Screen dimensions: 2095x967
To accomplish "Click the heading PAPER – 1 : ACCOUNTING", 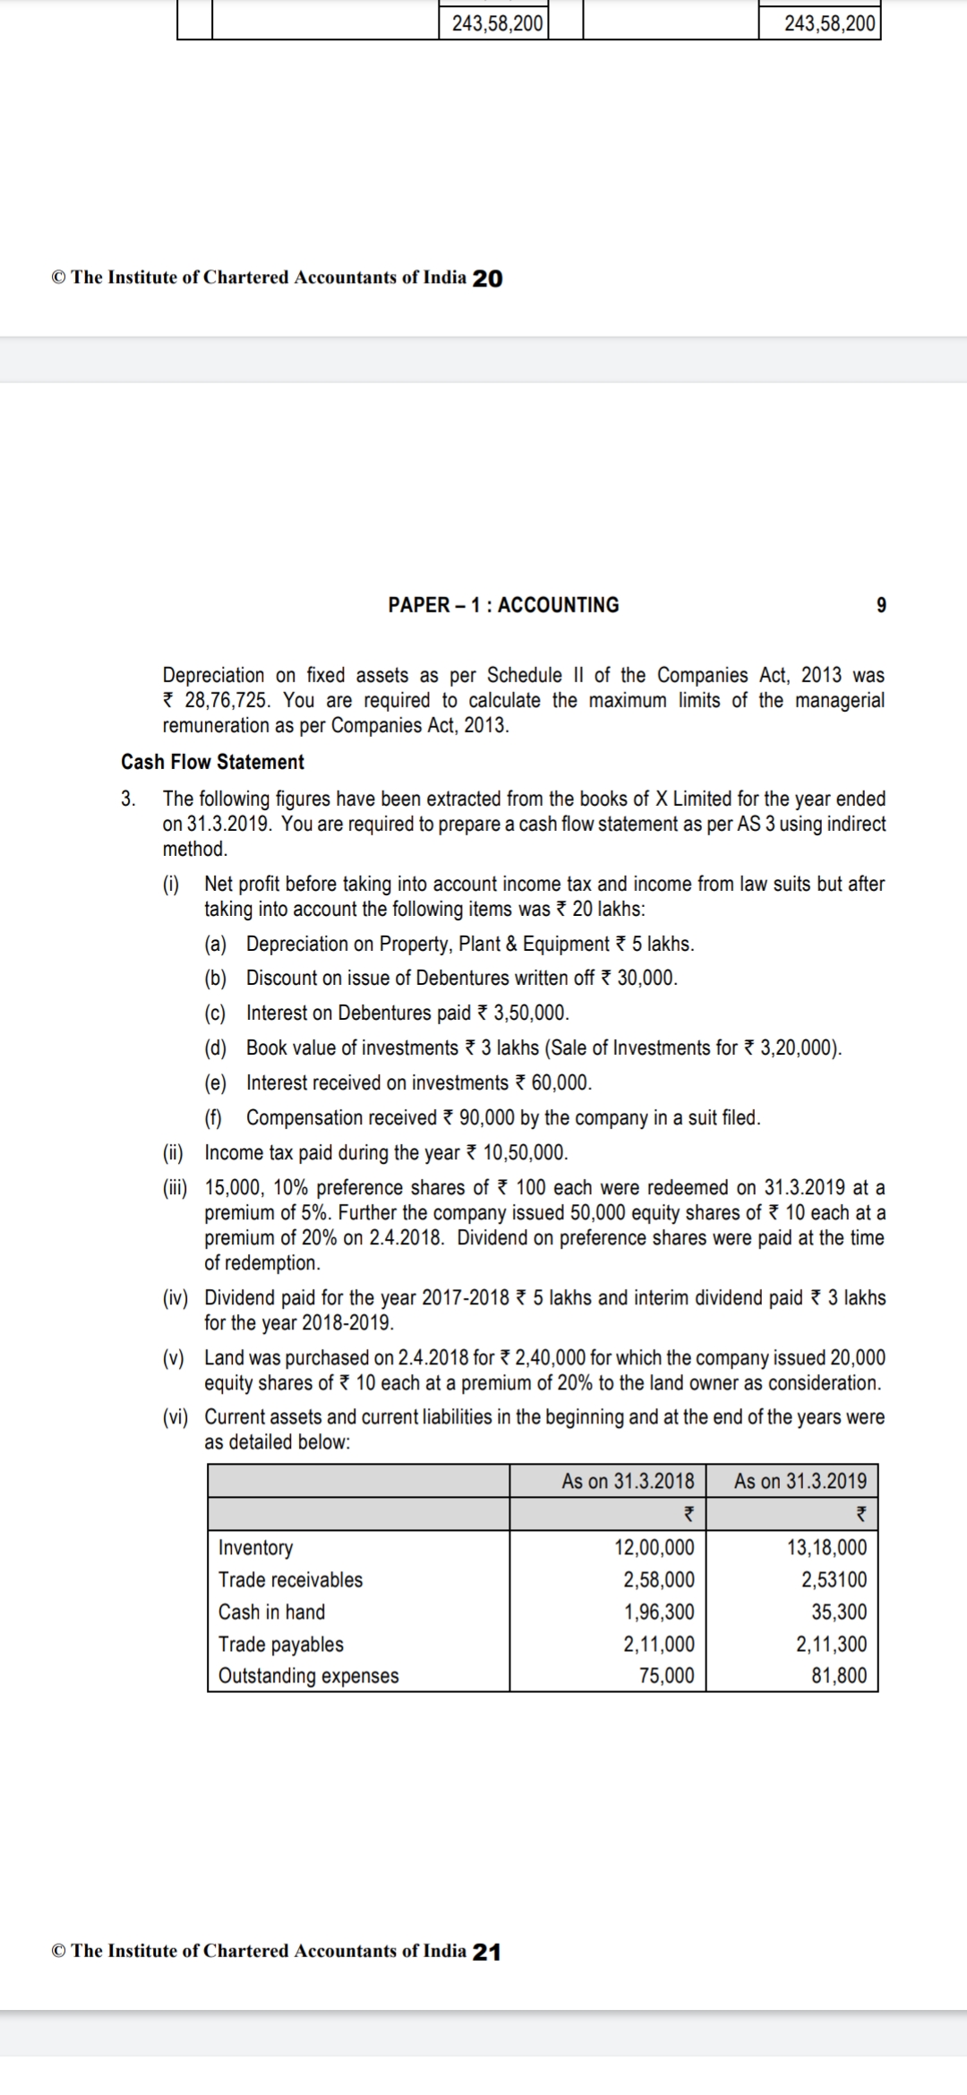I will click(x=503, y=605).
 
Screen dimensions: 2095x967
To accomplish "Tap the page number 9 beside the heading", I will click(x=881, y=605).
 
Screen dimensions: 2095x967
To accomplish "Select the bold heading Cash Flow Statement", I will click(x=212, y=762).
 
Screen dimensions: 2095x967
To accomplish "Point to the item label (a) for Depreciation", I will click(x=215, y=944).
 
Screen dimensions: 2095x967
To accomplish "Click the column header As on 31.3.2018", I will click(x=628, y=1481).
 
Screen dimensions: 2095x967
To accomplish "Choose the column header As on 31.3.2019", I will click(x=800, y=1481).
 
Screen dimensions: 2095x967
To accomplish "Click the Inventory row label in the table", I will click(x=255, y=1547).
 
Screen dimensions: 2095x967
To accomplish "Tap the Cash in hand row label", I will click(x=271, y=1612).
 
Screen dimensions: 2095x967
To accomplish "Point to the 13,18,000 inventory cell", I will click(x=826, y=1547).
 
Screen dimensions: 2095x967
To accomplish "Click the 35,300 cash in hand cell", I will click(x=839, y=1612).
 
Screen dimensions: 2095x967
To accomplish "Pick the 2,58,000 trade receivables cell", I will click(x=658, y=1579).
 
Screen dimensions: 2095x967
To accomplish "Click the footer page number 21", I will click(x=486, y=1952).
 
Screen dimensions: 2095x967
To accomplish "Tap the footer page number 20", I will click(x=487, y=278).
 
